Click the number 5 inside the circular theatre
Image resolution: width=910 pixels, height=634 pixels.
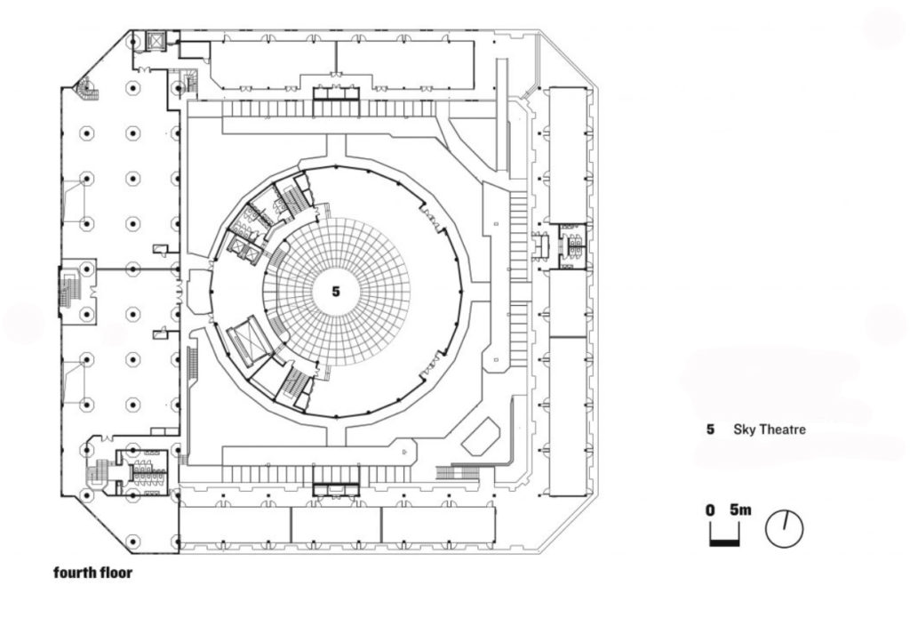335,291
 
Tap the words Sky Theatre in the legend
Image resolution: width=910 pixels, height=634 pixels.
769,429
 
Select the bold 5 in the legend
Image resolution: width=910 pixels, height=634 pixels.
710,429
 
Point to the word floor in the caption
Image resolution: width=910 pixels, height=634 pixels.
116,573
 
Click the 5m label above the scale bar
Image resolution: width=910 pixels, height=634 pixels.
740,510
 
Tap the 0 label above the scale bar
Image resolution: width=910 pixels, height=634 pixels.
711,510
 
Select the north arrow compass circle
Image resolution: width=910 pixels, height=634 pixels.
784,528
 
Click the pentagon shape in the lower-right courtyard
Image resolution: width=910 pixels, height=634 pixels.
482,436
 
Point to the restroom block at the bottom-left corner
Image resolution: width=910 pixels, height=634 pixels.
142,464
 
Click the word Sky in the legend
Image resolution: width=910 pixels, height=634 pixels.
744,429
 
